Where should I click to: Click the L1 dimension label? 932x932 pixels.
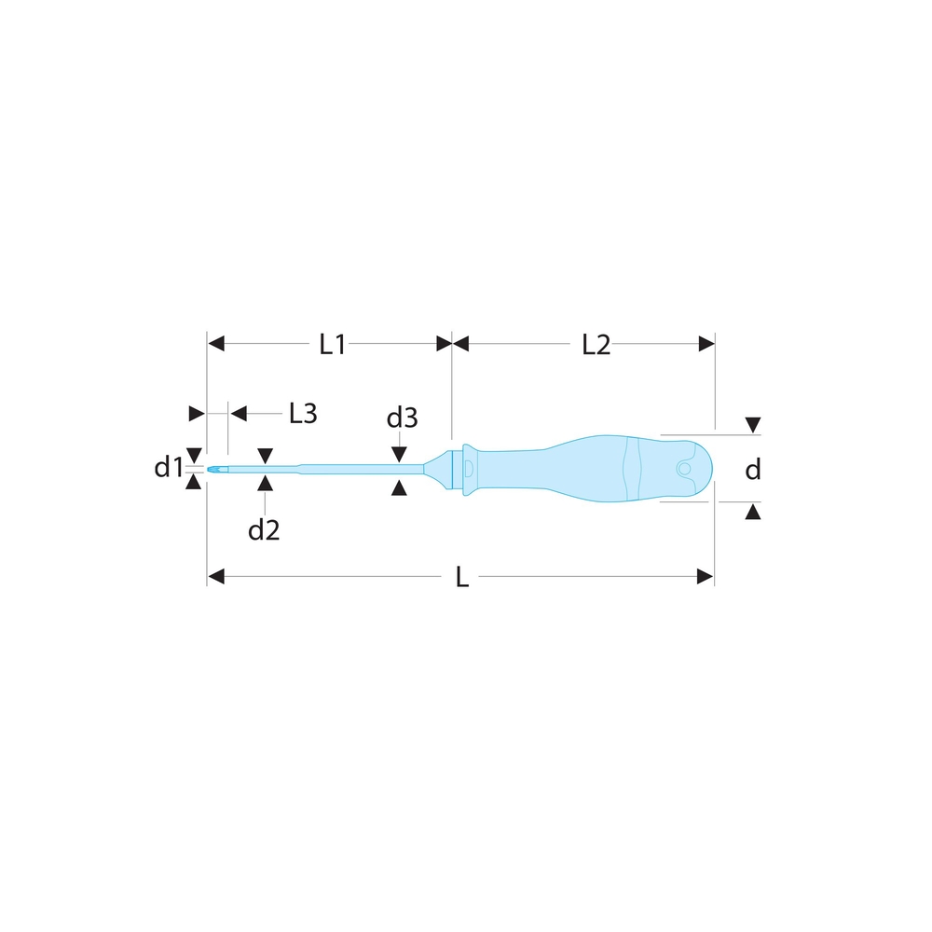(333, 345)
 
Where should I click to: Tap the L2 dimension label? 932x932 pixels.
(596, 345)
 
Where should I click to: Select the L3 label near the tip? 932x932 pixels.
(303, 413)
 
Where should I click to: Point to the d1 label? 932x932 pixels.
(168, 468)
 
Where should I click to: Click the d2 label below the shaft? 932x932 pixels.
(264, 529)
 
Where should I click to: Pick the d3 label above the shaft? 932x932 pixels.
(402, 418)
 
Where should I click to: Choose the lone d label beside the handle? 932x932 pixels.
(752, 470)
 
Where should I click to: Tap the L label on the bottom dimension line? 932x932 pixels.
(462, 577)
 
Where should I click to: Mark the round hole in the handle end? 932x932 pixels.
(684, 469)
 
